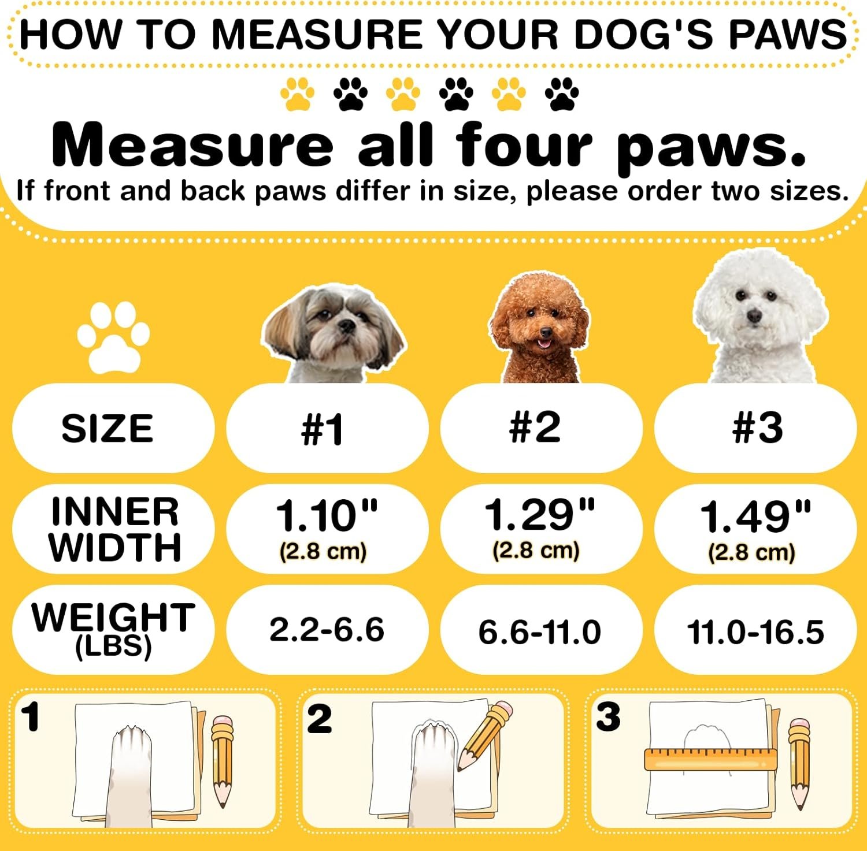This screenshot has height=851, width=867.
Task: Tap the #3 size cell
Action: (755, 428)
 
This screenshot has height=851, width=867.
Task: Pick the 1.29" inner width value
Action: (539, 514)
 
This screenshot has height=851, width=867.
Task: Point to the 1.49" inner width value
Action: (755, 516)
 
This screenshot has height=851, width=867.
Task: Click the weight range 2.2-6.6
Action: (327, 630)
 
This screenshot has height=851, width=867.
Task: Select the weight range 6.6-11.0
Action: (539, 631)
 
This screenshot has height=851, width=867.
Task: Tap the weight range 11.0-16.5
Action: (755, 631)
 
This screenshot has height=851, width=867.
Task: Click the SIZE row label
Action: (108, 429)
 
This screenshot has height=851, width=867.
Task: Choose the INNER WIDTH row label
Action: (114, 529)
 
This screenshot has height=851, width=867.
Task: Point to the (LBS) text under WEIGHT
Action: (113, 646)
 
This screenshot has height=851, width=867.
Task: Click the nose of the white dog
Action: (754, 315)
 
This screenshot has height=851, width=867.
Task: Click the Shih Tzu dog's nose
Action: (347, 326)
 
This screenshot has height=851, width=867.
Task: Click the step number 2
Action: (319, 719)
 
